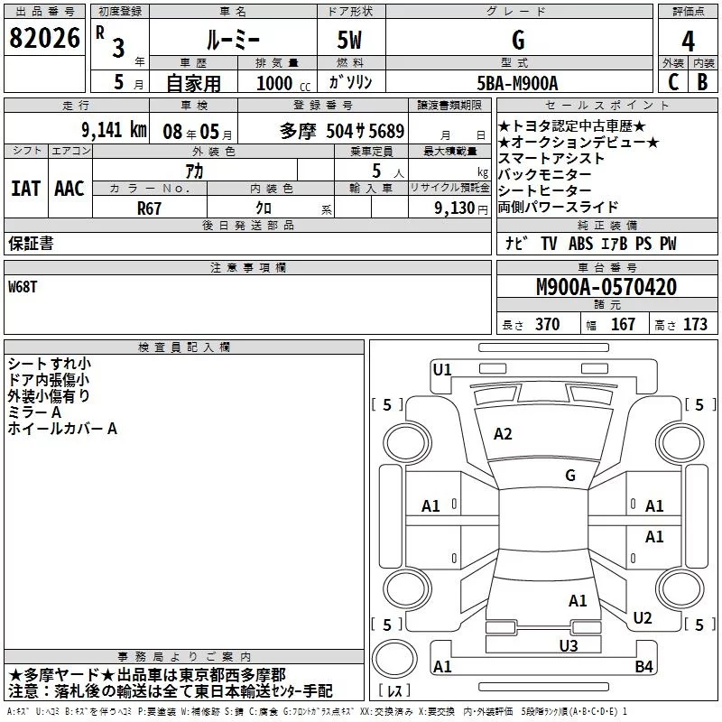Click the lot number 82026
(44, 38)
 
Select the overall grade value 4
(688, 42)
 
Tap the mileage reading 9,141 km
(115, 130)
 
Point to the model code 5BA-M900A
(517, 83)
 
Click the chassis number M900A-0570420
(606, 287)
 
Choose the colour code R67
(149, 208)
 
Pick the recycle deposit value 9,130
(455, 208)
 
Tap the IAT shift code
(25, 189)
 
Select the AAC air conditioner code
(69, 189)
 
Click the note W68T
(23, 287)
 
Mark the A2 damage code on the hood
(503, 434)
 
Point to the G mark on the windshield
(570, 475)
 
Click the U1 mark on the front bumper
(442, 369)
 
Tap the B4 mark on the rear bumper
(643, 666)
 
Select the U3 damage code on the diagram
(569, 645)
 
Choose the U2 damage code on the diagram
(643, 617)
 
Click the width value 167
(623, 324)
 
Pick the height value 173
(695, 324)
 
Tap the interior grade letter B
(702, 82)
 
